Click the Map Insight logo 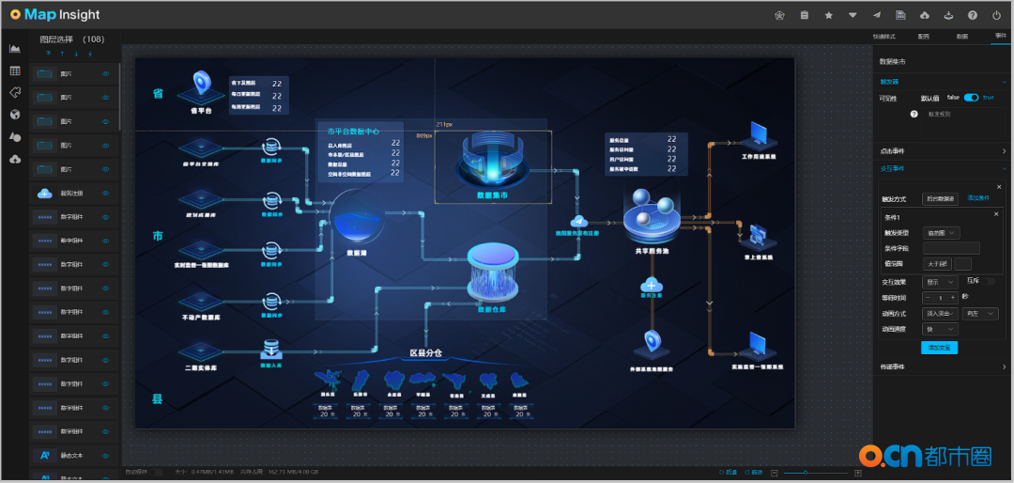tap(54, 15)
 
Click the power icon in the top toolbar tap(996, 15)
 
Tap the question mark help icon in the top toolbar tap(972, 15)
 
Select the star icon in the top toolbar tap(828, 15)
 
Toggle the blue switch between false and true tap(971, 98)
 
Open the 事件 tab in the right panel tap(999, 36)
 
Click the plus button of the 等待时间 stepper tap(953, 297)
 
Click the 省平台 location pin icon tap(200, 86)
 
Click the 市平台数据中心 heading tap(354, 132)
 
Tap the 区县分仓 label tap(425, 353)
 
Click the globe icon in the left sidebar tap(15, 115)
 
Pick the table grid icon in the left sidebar tap(15, 70)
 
